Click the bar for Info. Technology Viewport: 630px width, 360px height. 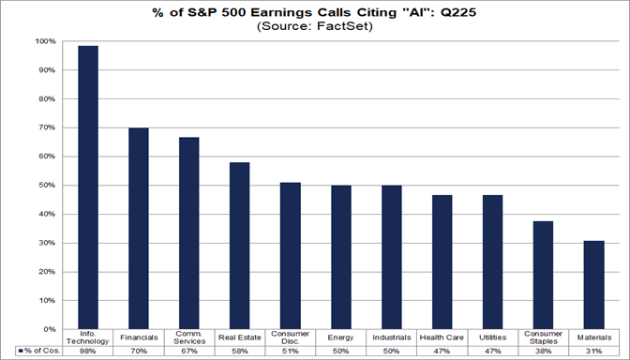click(88, 187)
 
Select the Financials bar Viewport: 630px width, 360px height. click(139, 229)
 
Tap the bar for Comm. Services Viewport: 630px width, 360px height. click(189, 233)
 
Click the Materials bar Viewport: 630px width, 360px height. click(593, 285)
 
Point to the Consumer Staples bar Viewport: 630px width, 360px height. click(543, 276)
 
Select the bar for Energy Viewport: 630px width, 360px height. click(341, 258)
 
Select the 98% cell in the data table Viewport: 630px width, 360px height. click(88, 351)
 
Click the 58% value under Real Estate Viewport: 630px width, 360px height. click(240, 351)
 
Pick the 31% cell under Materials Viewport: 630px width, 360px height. click(593, 351)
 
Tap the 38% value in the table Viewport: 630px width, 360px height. click(543, 351)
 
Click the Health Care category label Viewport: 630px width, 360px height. click(442, 337)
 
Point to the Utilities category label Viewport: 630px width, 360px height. click(492, 337)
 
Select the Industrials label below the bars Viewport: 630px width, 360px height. click(391, 337)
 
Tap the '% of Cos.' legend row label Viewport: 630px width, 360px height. click(37, 351)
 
